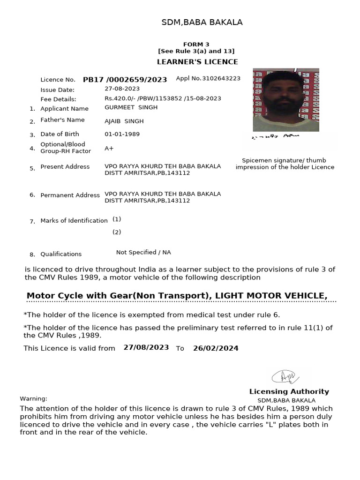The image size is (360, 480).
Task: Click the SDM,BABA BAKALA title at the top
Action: click(202, 22)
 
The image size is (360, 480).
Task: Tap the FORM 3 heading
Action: click(196, 44)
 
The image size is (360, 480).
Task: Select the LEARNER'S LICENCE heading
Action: click(196, 62)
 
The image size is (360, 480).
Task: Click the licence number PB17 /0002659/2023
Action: click(125, 80)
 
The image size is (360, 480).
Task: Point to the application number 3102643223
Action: click(221, 78)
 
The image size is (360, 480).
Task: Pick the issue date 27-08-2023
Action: click(122, 89)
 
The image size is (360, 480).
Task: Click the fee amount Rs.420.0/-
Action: click(120, 98)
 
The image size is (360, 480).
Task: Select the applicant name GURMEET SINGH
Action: click(131, 107)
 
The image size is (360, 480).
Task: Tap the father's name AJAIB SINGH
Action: click(124, 121)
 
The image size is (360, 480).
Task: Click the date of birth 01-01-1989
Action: click(122, 134)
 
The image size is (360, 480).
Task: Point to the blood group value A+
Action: click(109, 148)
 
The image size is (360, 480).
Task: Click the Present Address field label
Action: click(65, 167)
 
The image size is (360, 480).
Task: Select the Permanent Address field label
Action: click(70, 195)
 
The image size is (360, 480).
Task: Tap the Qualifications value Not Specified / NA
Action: click(143, 253)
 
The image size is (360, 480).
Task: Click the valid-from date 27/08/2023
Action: click(146, 348)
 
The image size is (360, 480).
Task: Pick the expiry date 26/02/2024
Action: click(216, 348)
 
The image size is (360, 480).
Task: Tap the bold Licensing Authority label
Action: click(289, 391)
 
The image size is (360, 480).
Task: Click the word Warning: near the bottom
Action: click(33, 398)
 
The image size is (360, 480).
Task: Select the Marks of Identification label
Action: click(74, 221)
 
